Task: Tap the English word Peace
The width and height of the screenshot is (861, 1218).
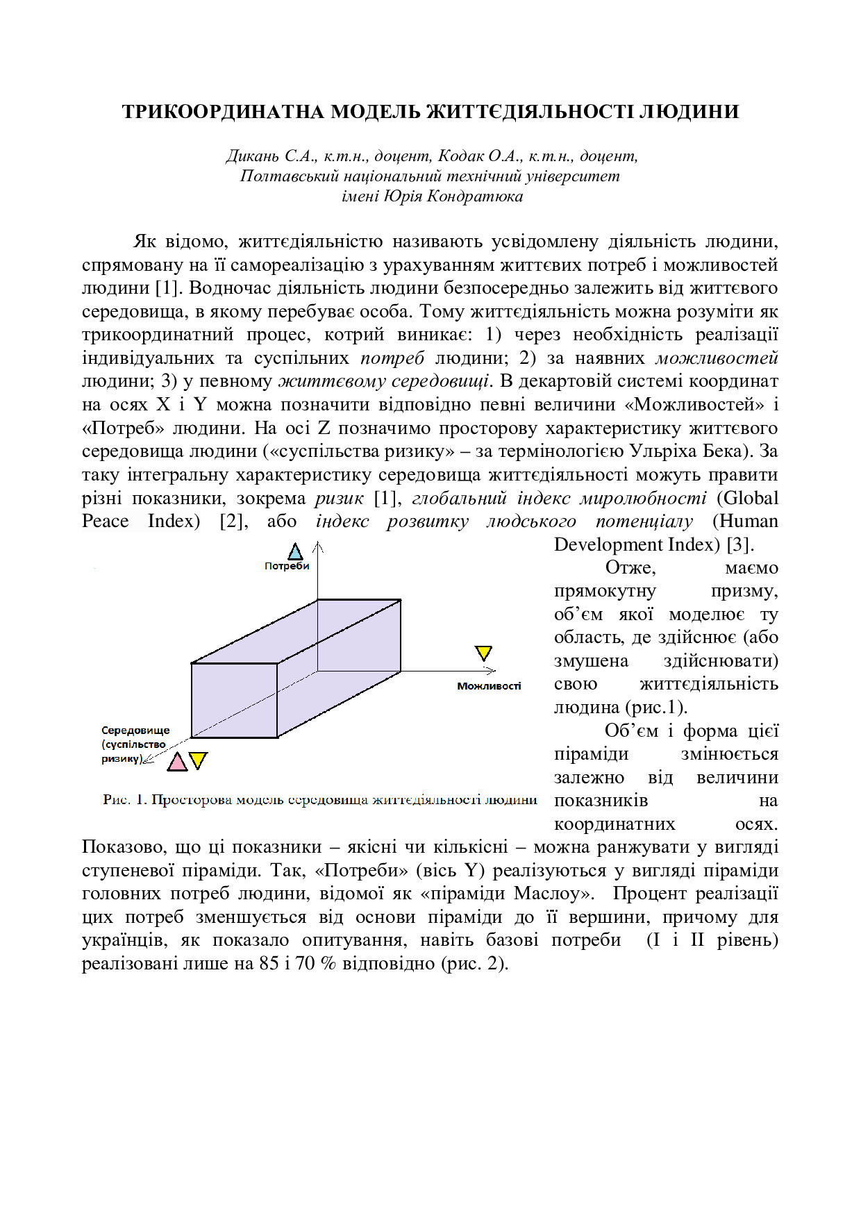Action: click(x=105, y=522)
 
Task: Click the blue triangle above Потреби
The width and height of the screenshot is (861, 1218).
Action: click(x=295, y=552)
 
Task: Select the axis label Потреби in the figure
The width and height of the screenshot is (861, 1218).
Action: click(x=286, y=566)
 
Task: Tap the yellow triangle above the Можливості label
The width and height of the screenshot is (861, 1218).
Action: click(x=483, y=653)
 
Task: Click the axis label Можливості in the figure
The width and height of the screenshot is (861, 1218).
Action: click(x=489, y=686)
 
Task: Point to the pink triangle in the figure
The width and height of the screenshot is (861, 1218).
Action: click(x=178, y=762)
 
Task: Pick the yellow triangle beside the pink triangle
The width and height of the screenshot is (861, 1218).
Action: click(x=199, y=760)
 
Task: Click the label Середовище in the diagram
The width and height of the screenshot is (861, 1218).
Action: click(x=135, y=731)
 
